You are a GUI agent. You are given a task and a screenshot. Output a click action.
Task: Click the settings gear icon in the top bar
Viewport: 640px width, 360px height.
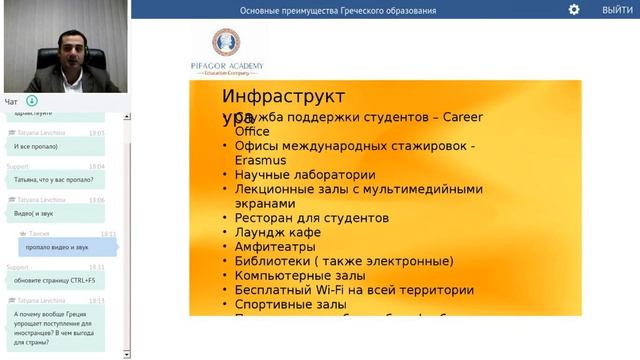[x=574, y=9]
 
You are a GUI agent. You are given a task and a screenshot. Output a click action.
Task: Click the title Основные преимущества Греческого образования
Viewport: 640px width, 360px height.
[x=338, y=10]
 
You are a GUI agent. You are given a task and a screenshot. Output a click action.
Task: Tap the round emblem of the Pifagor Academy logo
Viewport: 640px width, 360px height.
[x=226, y=43]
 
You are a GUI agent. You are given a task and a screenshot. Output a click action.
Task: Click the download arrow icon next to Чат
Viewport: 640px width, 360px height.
[x=32, y=101]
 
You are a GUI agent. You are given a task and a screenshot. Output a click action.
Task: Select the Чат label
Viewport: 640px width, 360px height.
[x=11, y=101]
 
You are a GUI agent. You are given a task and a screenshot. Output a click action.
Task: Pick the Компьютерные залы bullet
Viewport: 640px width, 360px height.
[x=301, y=276]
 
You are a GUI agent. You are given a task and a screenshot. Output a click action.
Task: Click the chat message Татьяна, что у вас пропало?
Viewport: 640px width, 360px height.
[x=53, y=179]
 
